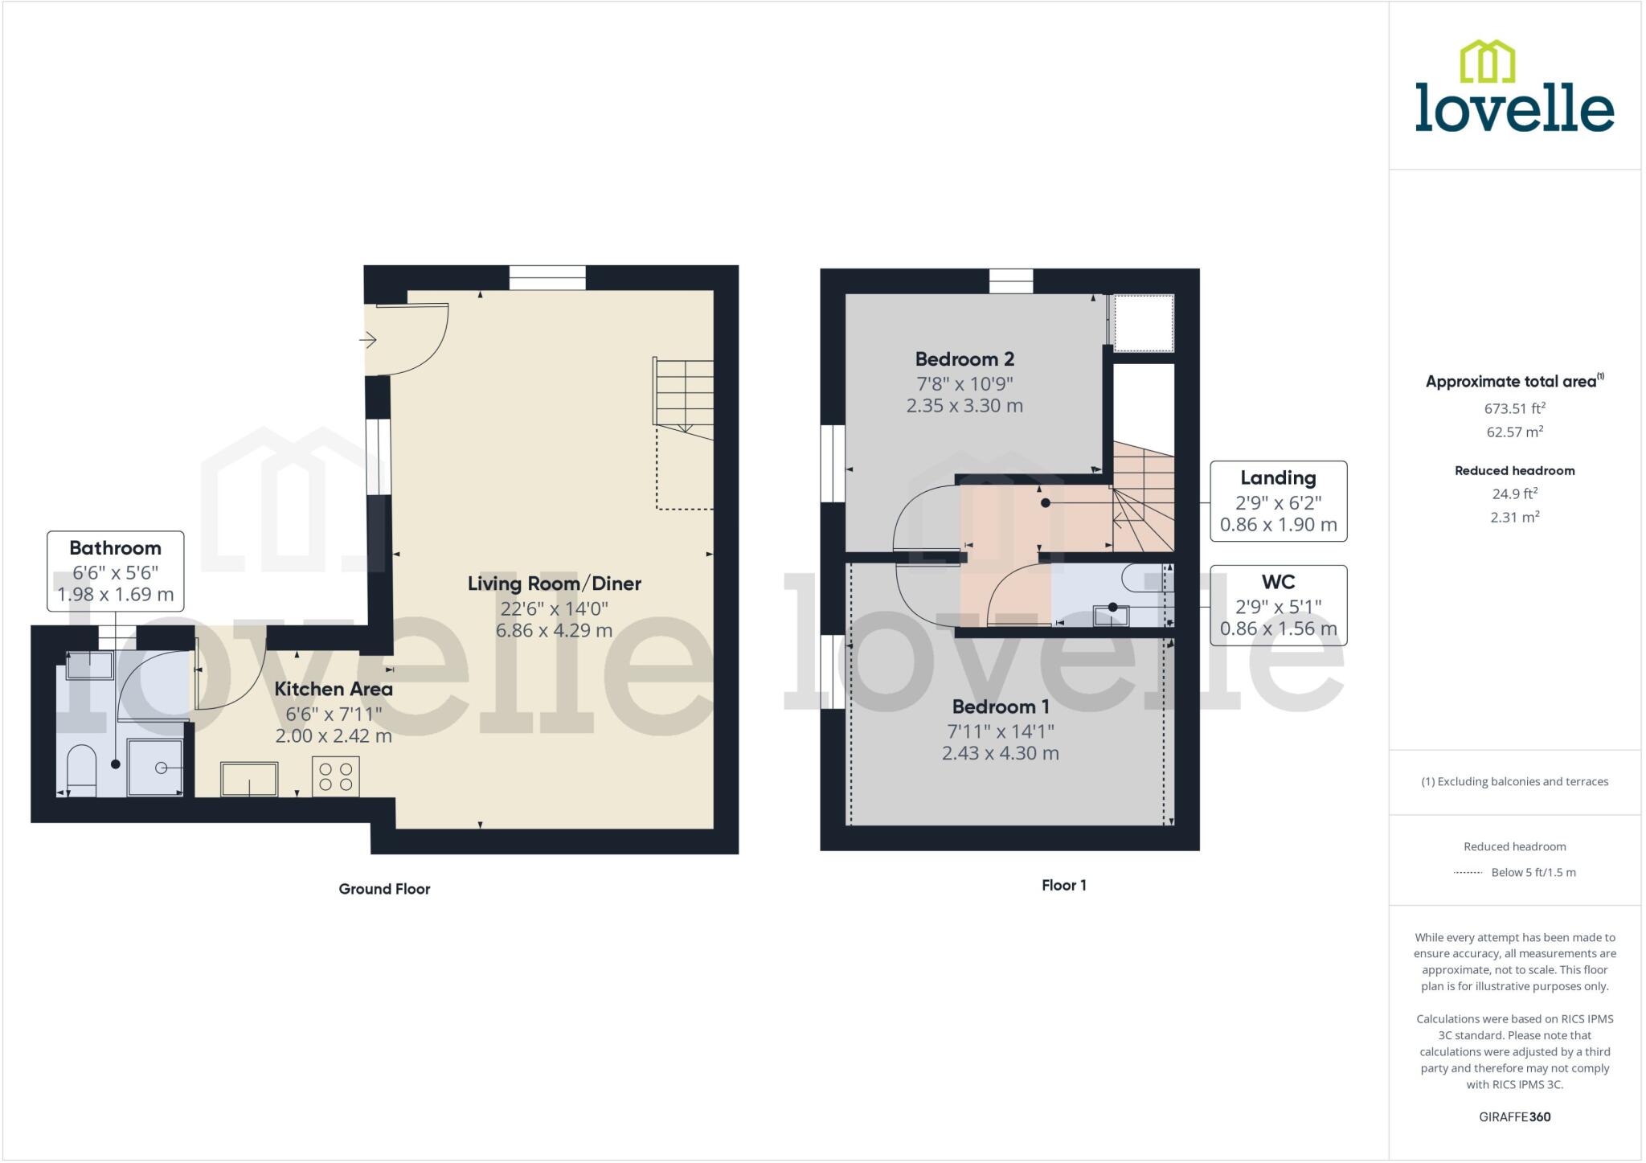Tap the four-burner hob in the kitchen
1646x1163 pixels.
click(336, 776)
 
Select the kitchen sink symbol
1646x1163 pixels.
click(249, 779)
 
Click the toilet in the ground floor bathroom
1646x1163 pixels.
click(80, 768)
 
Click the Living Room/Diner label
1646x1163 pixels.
click(554, 584)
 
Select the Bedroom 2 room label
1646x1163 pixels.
click(964, 359)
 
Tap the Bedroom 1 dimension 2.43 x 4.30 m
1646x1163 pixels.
click(1000, 753)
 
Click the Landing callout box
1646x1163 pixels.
click(1278, 501)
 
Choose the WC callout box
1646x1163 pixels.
click(1278, 604)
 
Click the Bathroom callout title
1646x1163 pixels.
click(115, 548)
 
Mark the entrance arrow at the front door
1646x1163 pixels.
click(368, 341)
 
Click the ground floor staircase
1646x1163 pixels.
click(683, 399)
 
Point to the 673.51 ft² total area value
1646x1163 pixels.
click(1514, 408)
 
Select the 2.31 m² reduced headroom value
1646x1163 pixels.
click(1514, 517)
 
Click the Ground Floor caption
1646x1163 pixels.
click(384, 889)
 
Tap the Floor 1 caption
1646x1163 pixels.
click(1063, 885)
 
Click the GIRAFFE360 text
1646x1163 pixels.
click(1514, 1116)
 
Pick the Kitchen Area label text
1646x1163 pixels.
click(334, 689)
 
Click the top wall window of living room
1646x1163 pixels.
click(547, 278)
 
